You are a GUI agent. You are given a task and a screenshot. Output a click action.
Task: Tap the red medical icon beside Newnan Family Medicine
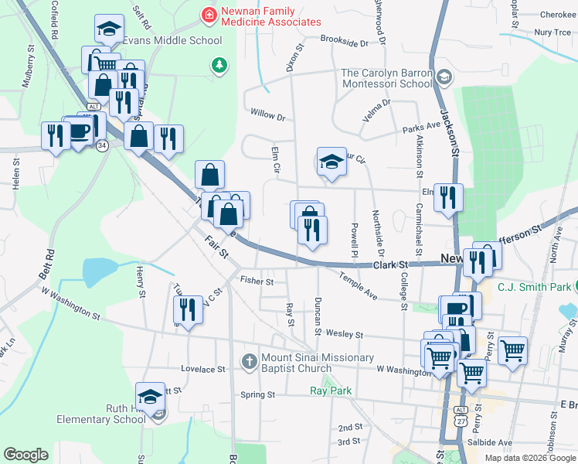pos(208,14)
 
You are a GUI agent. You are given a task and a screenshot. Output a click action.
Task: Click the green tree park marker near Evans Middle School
pos(220,65)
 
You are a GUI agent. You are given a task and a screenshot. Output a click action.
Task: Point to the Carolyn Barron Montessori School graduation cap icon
pos(444,77)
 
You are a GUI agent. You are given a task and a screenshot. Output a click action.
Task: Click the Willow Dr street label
pos(267,115)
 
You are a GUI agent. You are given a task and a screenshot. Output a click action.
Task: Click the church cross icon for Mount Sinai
pos(249,360)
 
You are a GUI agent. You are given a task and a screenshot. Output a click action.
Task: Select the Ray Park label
pos(331,391)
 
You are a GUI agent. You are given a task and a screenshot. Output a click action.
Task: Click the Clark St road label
pos(391,264)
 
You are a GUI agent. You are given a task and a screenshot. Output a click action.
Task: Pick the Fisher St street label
pos(257,281)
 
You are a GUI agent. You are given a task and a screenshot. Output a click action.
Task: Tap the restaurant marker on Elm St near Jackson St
pos(448,197)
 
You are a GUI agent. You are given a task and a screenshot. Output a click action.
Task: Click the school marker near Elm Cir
pos(331,162)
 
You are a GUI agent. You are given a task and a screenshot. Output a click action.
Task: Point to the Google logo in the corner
pos(25,455)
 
